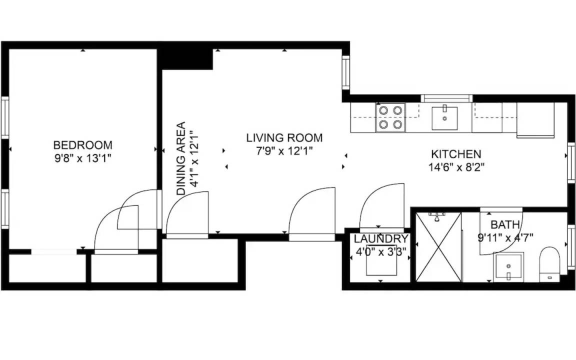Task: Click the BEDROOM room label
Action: point(82,144)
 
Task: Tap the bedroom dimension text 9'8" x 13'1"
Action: point(82,158)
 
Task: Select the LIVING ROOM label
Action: point(284,138)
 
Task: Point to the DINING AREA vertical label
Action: point(181,158)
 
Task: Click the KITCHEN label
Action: point(456,154)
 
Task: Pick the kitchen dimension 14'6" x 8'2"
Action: point(456,167)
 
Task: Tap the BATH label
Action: point(505,224)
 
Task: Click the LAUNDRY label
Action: point(381,239)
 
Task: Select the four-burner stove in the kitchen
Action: point(390,117)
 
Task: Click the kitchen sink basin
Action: point(444,118)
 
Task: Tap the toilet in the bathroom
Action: point(549,264)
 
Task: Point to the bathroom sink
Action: point(509,267)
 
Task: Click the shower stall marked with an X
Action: point(438,247)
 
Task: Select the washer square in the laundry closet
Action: point(381,259)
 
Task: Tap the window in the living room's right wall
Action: point(345,72)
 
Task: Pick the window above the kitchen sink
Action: point(446,98)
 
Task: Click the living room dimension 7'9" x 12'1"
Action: point(284,151)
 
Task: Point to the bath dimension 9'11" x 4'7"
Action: point(505,237)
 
